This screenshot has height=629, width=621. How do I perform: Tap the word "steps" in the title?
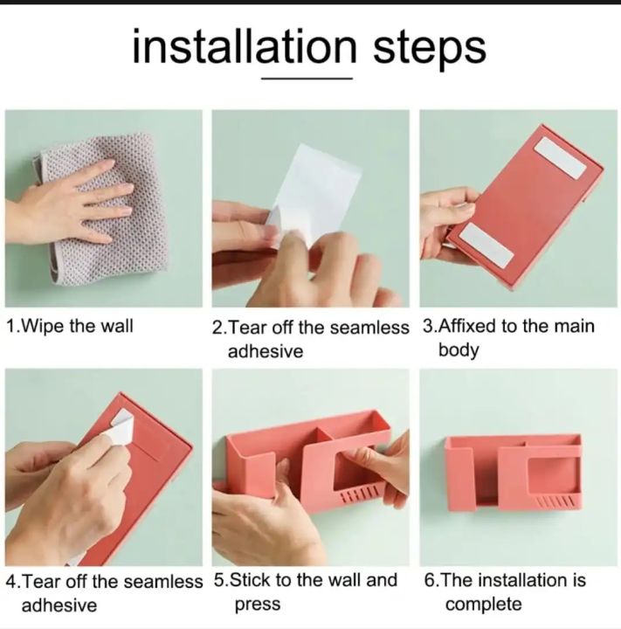429,49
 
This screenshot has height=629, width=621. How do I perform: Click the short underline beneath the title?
307,79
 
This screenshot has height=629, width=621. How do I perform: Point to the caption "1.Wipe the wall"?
70,326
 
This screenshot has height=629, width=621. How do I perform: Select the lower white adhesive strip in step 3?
486,245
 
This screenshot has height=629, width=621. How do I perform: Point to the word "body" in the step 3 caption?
459,349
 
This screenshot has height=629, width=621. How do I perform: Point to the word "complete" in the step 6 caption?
483,605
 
